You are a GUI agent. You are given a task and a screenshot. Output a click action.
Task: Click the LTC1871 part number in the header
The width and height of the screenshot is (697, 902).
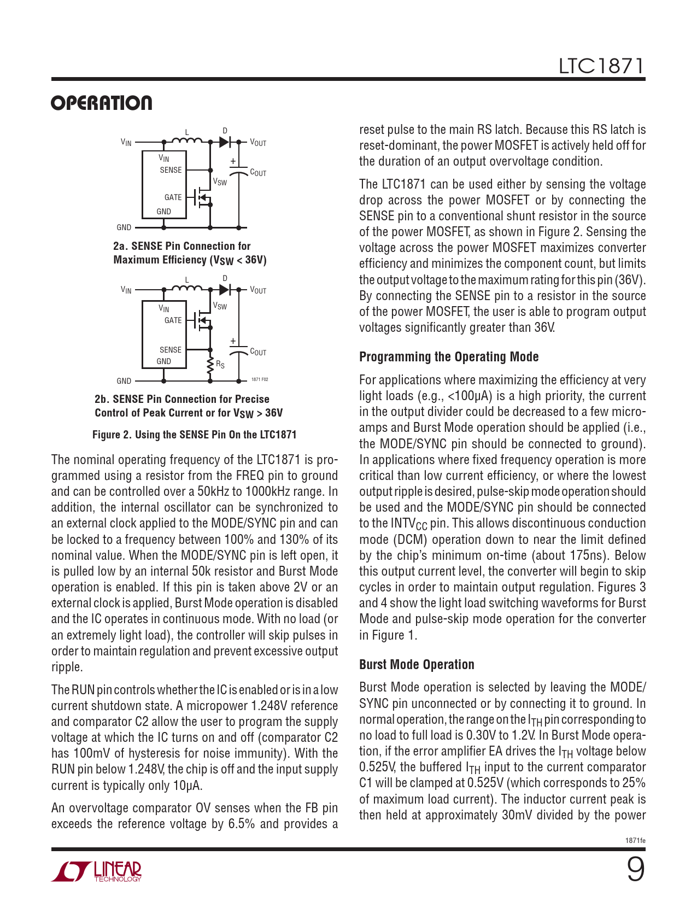pos(601,67)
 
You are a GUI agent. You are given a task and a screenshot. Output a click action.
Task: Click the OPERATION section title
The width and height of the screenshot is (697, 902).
pos(102,103)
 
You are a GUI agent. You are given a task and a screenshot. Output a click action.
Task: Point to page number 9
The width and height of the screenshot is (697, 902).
pos(635,870)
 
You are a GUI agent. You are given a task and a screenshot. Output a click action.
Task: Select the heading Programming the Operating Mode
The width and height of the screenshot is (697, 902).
pos(449,357)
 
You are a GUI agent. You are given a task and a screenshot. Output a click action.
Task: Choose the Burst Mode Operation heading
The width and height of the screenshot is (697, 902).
pos(417,665)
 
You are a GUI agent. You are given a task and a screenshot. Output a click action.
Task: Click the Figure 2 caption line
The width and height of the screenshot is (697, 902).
pos(194,435)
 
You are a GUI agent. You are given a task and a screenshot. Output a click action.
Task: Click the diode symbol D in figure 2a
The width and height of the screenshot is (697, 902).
pos(225,142)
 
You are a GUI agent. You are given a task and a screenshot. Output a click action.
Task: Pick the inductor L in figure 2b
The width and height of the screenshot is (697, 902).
pos(187,288)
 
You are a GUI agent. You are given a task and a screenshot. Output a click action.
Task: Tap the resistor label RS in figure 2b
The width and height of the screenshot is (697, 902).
pos(220,364)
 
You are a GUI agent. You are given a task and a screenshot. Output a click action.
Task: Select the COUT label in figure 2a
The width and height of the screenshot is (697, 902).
pos(258,173)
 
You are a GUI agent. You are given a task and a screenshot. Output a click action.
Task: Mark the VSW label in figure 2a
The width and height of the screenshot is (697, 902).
pos(220,182)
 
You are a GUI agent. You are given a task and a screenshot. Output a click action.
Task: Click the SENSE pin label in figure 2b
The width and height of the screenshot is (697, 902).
pos(171,350)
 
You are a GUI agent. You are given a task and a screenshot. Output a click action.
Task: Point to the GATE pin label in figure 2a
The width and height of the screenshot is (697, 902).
pos(173,197)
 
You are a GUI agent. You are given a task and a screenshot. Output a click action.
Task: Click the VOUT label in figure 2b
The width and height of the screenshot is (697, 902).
pos(258,290)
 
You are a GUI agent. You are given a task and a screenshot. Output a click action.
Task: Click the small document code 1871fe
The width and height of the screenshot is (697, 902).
pos(635,840)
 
